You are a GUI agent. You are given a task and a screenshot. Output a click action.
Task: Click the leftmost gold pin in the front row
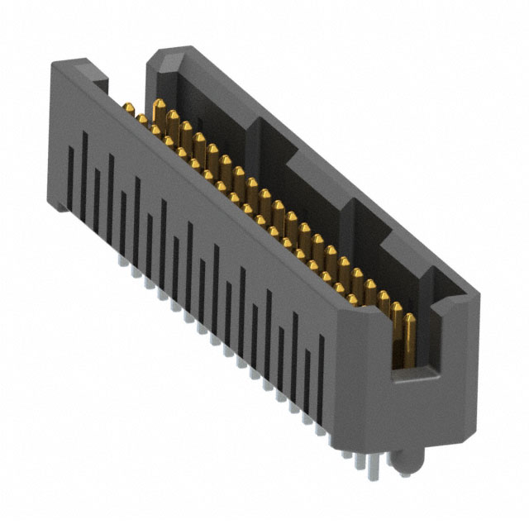[130, 107]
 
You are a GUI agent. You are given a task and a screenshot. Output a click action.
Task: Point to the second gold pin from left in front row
[142, 120]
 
